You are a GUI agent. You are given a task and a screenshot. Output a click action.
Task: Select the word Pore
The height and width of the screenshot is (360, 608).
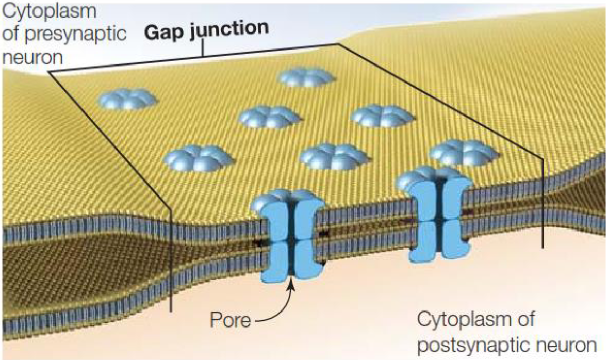[231, 320]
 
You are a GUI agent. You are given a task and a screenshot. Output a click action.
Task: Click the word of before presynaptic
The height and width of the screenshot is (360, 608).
[15, 35]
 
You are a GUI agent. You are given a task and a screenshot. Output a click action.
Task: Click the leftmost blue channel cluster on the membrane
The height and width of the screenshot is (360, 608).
[127, 99]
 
